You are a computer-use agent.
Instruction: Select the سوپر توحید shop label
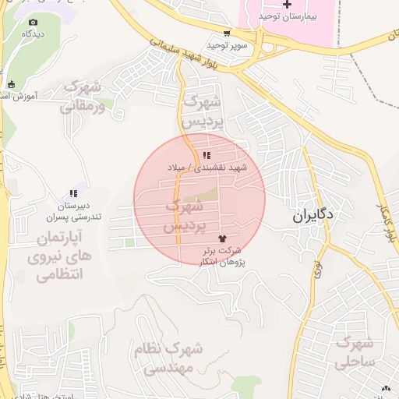227,45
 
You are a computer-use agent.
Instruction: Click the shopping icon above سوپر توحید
227,34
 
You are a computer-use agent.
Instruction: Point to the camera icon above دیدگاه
33,23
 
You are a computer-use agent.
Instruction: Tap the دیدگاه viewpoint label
33,34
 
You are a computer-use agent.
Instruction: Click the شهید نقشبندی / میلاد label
206,168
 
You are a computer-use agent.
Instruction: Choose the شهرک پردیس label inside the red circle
185,216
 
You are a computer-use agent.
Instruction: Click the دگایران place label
313,215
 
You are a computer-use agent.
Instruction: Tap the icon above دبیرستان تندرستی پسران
73,193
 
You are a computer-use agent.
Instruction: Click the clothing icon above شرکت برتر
223,239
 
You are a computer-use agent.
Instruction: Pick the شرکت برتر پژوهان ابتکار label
223,256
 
